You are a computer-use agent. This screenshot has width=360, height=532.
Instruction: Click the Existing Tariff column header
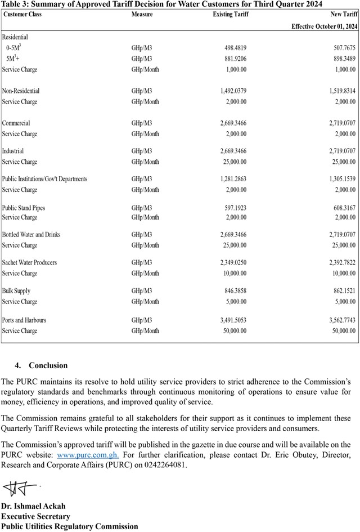pyautogui.click(x=231, y=14)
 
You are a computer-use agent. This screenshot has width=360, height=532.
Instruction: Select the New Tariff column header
pyautogui.click(x=343, y=14)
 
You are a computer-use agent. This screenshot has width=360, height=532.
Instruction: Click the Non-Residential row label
pyautogui.click(x=21, y=91)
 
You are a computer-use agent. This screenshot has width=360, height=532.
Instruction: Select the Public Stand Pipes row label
pyautogui.click(x=24, y=208)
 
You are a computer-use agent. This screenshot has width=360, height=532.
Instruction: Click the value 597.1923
pyautogui.click(x=235, y=208)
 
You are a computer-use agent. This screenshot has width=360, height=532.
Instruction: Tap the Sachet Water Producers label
pyautogui.click(x=29, y=263)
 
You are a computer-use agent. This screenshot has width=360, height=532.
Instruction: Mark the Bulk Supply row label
pyautogui.click(x=16, y=291)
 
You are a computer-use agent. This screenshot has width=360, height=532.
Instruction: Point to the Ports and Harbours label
pyautogui.click(x=24, y=320)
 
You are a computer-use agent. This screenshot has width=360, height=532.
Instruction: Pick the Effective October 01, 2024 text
pyautogui.click(x=324, y=26)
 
